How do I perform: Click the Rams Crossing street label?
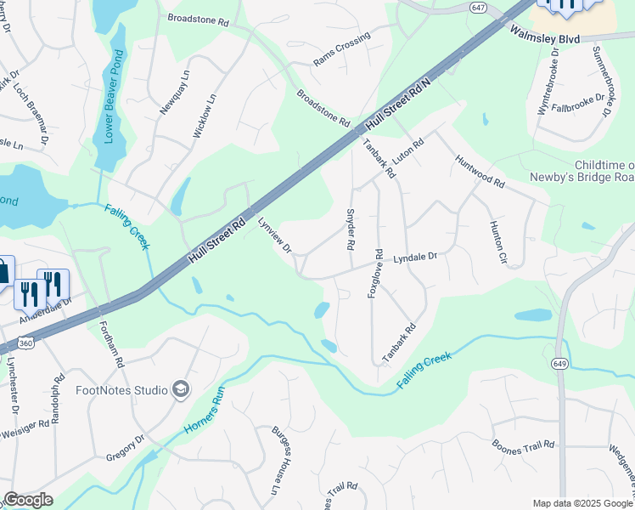pyautogui.click(x=342, y=49)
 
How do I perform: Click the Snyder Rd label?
pyautogui.click(x=349, y=229)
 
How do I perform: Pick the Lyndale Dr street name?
pyautogui.click(x=414, y=257)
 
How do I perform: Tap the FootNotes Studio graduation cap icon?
pyautogui.click(x=180, y=389)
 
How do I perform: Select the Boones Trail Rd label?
pyautogui.click(x=523, y=445)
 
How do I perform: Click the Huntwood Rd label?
pyautogui.click(x=480, y=171)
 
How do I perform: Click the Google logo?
pyautogui.click(x=28, y=500)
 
